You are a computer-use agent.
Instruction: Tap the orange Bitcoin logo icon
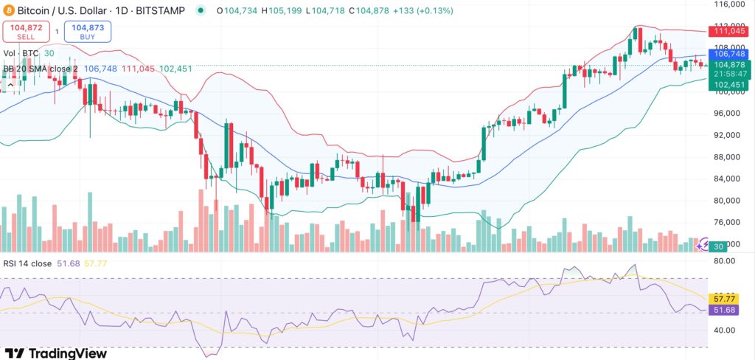(x=8, y=11)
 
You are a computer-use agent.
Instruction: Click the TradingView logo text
(x=55, y=353)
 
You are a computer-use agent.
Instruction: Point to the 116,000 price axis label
(x=731, y=4)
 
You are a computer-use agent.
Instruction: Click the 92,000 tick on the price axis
(x=731, y=135)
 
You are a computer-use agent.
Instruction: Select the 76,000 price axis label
(x=731, y=222)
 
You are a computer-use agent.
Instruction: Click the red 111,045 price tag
(x=728, y=30)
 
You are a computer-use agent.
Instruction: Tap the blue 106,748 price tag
(x=728, y=54)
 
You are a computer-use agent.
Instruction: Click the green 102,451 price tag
(x=728, y=85)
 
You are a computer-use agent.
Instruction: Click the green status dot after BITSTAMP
(x=201, y=11)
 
